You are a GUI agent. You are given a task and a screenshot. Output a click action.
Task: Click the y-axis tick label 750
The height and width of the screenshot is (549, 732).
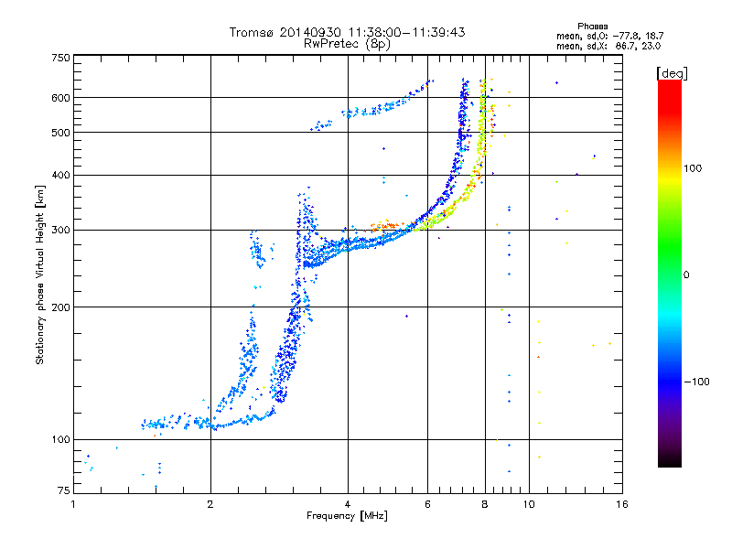[60, 57]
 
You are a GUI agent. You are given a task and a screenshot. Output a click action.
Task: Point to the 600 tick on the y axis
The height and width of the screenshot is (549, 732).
[60, 97]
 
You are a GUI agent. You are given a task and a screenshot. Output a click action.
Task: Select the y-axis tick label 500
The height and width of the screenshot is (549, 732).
[60, 132]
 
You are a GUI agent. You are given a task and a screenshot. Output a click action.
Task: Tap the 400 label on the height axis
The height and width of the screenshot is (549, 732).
[60, 175]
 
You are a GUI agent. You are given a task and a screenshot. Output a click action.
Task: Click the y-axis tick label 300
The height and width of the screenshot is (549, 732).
[60, 230]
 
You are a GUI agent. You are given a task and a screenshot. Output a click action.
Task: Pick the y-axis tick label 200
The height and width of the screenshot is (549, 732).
[60, 307]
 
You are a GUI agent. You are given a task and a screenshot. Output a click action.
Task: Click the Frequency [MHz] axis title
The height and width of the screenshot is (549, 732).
[347, 516]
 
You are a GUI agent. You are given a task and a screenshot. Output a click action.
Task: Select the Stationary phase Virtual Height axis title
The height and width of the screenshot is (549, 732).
[40, 274]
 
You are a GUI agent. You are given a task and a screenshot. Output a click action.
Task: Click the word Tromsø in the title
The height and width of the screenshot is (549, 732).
[252, 32]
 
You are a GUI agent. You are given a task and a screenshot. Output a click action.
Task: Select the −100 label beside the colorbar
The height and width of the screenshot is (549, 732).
[696, 382]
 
